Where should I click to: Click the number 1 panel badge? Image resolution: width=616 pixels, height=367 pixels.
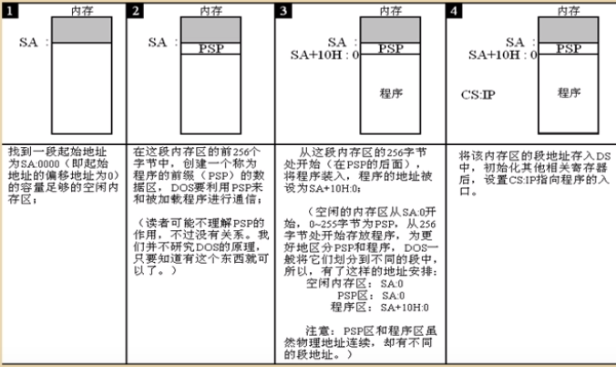click(x=12, y=11)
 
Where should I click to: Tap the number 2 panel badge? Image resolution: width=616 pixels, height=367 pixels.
click(x=136, y=11)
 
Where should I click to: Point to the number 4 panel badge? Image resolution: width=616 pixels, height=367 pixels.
click(x=454, y=11)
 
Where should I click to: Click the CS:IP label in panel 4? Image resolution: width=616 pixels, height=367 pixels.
click(x=478, y=92)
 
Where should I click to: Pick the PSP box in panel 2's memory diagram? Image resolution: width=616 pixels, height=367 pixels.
click(x=210, y=48)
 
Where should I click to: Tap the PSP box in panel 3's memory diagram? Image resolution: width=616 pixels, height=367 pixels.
click(x=391, y=48)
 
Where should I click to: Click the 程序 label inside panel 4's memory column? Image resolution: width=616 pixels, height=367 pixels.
click(x=570, y=92)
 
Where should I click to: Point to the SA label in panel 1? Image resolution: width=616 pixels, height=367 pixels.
click(x=31, y=42)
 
